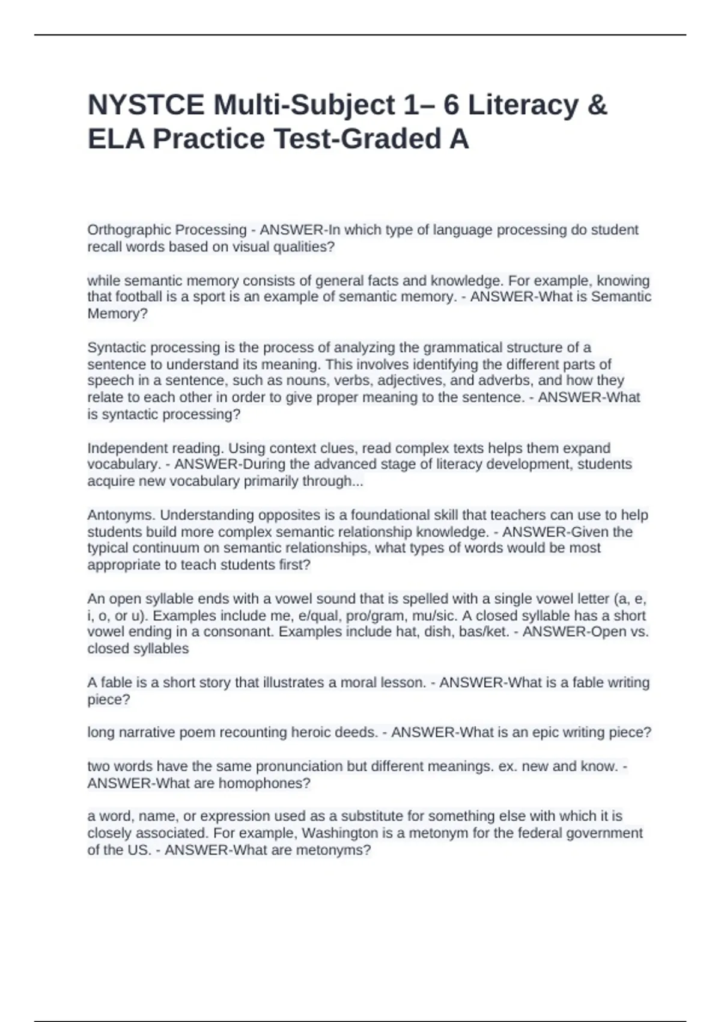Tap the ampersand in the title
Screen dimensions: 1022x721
coord(595,105)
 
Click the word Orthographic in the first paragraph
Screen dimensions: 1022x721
coord(126,230)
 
